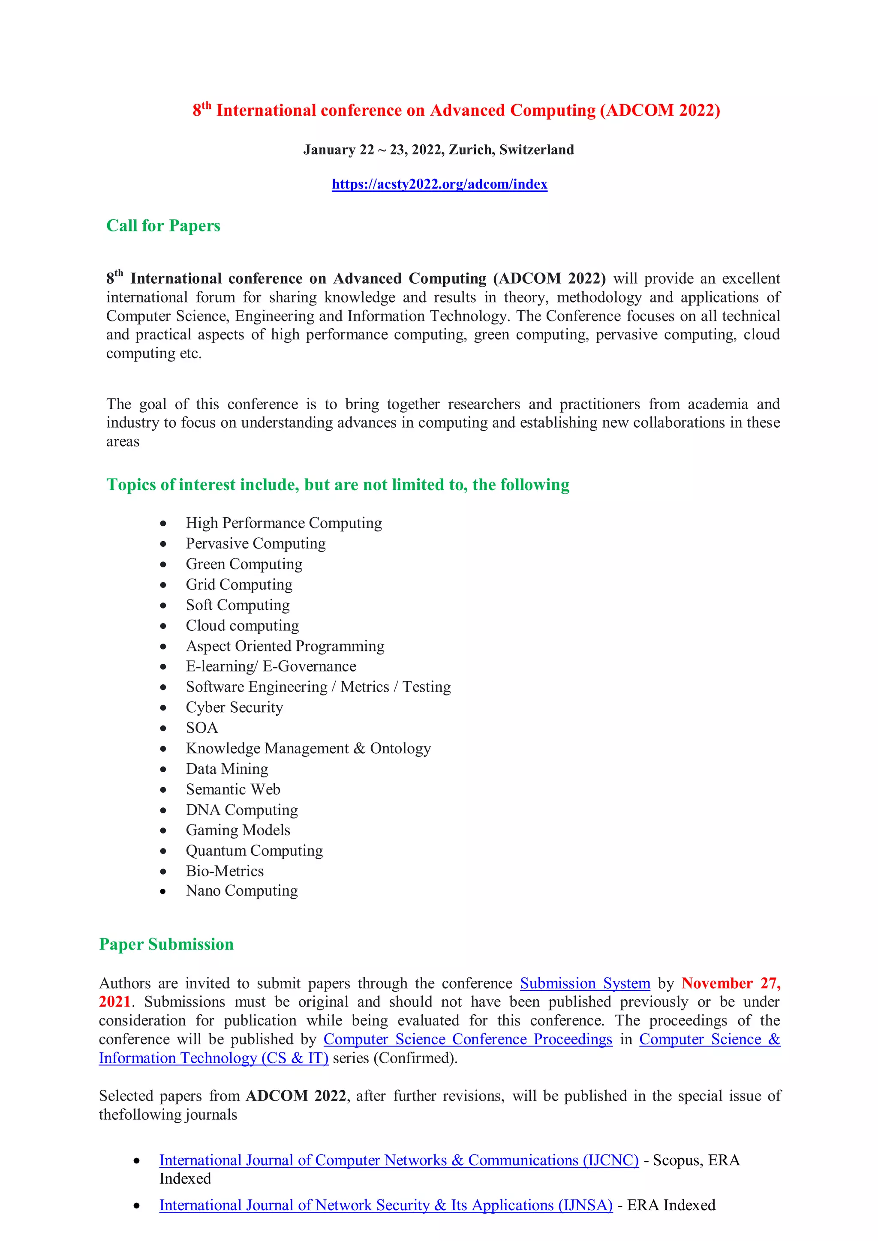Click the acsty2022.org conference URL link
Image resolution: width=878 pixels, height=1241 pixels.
439,184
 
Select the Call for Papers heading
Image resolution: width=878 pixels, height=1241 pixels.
163,225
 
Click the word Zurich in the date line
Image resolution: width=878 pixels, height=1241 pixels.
470,150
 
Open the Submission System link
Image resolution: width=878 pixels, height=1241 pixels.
585,983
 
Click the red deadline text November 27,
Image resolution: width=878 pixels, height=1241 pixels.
731,983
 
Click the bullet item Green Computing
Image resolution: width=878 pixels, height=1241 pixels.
244,564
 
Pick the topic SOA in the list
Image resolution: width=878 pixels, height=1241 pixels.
201,728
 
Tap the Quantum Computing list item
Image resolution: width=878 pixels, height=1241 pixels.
254,850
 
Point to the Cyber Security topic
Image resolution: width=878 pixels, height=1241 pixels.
234,707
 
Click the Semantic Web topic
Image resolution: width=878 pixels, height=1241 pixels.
233,789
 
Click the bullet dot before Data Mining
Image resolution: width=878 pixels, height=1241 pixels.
163,769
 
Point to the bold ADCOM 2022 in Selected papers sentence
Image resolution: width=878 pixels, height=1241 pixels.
295,1096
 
